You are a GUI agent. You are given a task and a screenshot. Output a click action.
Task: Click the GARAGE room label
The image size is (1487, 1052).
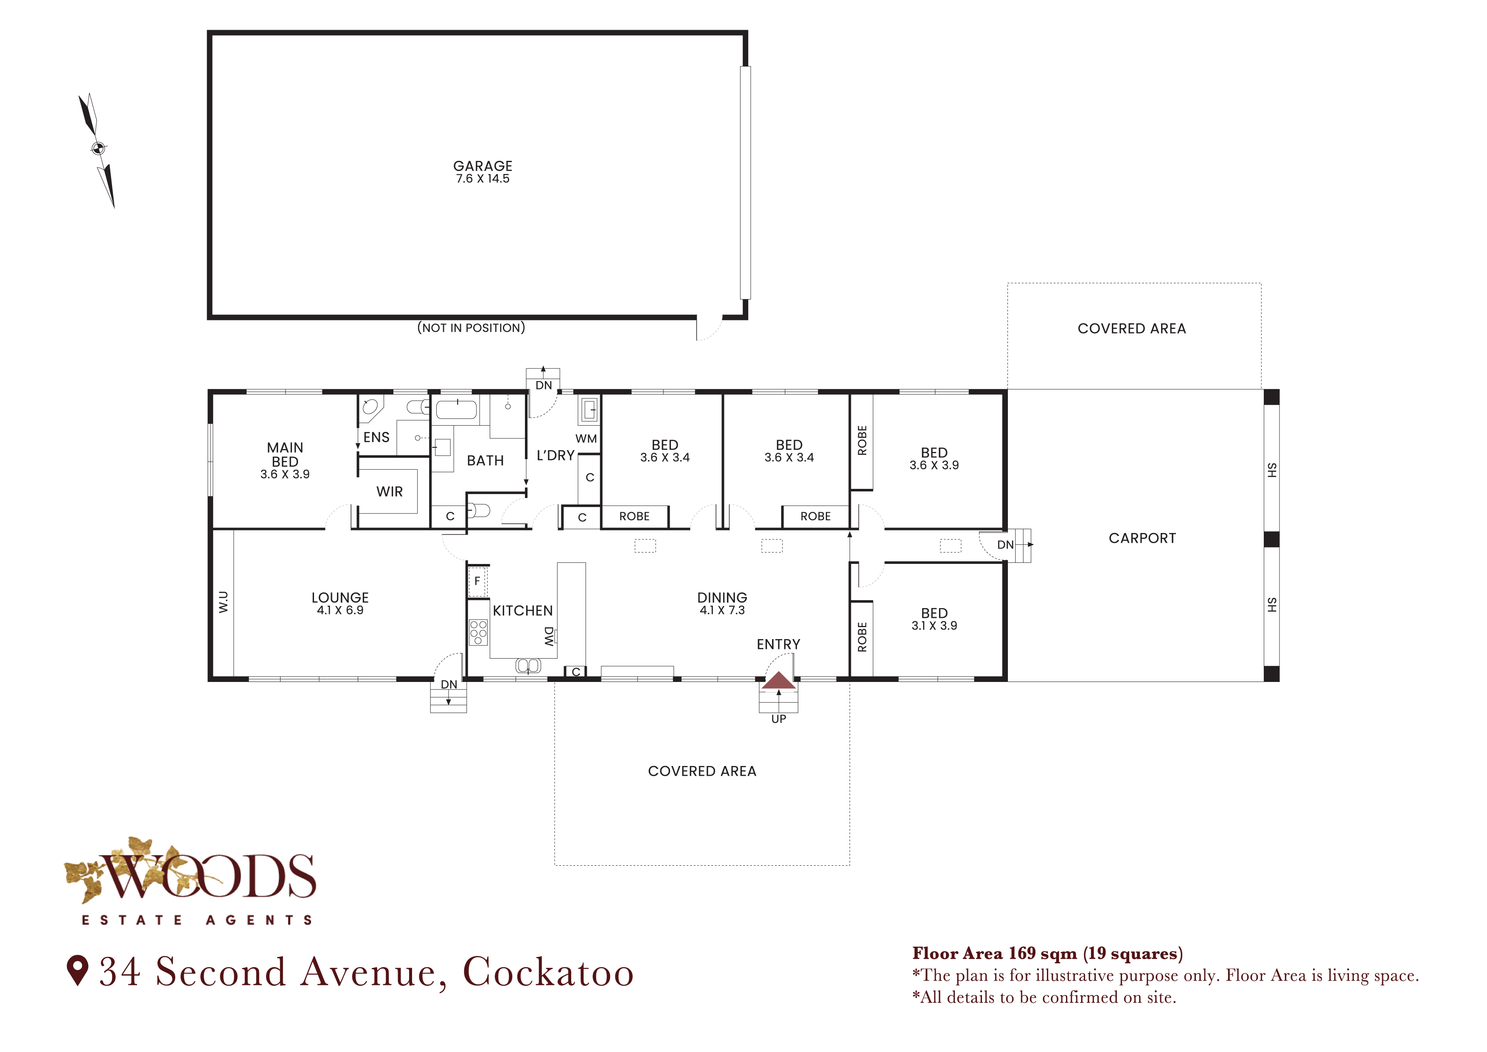point(483,166)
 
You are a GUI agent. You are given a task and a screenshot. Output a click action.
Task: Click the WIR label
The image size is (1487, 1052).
point(389,492)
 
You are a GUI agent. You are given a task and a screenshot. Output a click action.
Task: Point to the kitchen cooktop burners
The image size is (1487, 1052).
point(478,632)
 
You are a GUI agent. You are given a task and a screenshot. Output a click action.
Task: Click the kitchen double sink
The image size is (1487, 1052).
point(528,665)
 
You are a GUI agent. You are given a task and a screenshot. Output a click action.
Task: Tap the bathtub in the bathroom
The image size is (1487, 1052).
point(457,410)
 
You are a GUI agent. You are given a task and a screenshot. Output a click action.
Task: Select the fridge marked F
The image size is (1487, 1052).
point(477,581)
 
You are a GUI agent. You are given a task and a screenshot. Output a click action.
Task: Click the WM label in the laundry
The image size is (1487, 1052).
point(586,438)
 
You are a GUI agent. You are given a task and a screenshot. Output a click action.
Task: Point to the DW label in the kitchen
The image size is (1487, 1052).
point(549,636)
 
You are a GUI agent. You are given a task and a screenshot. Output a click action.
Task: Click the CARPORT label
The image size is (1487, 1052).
point(1142,539)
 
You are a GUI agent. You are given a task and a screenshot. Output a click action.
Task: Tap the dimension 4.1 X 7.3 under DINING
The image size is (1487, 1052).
point(722,610)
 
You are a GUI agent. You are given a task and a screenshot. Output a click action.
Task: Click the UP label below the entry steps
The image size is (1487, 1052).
point(778,719)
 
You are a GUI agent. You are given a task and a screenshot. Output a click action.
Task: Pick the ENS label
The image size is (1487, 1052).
point(376,437)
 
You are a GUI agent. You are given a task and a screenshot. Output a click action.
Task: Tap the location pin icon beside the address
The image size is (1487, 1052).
point(78,971)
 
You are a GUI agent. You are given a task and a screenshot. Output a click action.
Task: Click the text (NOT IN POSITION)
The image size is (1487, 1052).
point(471,328)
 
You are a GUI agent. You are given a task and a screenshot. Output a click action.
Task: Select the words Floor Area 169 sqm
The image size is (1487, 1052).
point(995,954)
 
